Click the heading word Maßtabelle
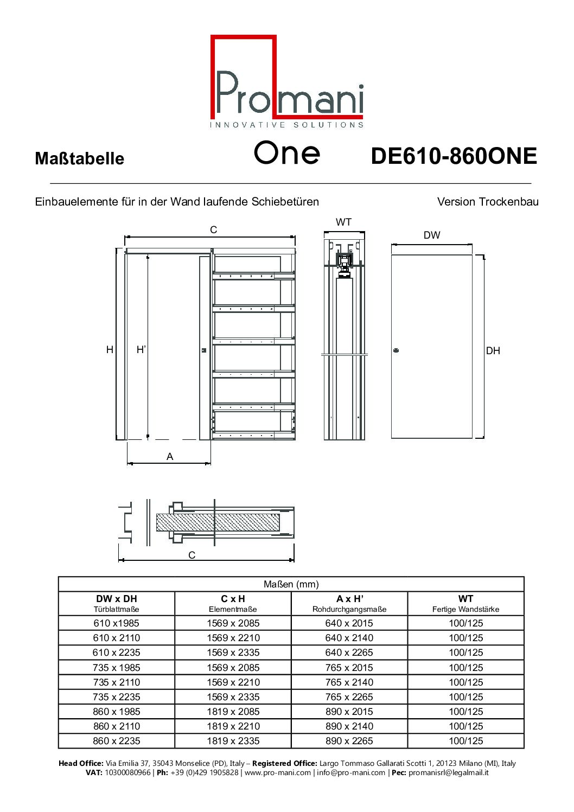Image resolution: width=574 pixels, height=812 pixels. [x=79, y=159]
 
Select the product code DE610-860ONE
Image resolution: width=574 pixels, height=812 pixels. [x=454, y=156]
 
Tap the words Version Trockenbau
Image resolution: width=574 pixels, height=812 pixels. [x=488, y=202]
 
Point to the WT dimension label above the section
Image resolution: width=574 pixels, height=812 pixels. [x=343, y=222]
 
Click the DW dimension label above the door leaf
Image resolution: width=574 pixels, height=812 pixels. [x=432, y=235]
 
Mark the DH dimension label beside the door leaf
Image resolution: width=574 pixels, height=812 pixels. [x=493, y=351]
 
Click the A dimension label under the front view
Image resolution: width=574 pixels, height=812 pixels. [x=170, y=457]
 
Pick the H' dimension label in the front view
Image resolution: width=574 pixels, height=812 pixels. [x=141, y=350]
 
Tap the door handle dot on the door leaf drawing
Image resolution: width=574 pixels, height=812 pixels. [x=396, y=350]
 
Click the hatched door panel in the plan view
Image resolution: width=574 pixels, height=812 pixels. [x=217, y=522]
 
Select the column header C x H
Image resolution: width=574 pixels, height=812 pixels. [x=233, y=599]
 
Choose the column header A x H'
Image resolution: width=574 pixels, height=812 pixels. [x=349, y=599]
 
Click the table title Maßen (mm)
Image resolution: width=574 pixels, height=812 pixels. [x=291, y=584]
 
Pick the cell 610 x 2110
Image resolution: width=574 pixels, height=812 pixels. [x=117, y=638]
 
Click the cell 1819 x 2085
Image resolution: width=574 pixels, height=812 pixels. [x=233, y=712]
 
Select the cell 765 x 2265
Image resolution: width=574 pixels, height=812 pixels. [x=349, y=697]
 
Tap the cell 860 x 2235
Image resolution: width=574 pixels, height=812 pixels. [x=117, y=741]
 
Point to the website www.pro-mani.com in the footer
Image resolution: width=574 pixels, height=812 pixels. [x=278, y=772]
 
